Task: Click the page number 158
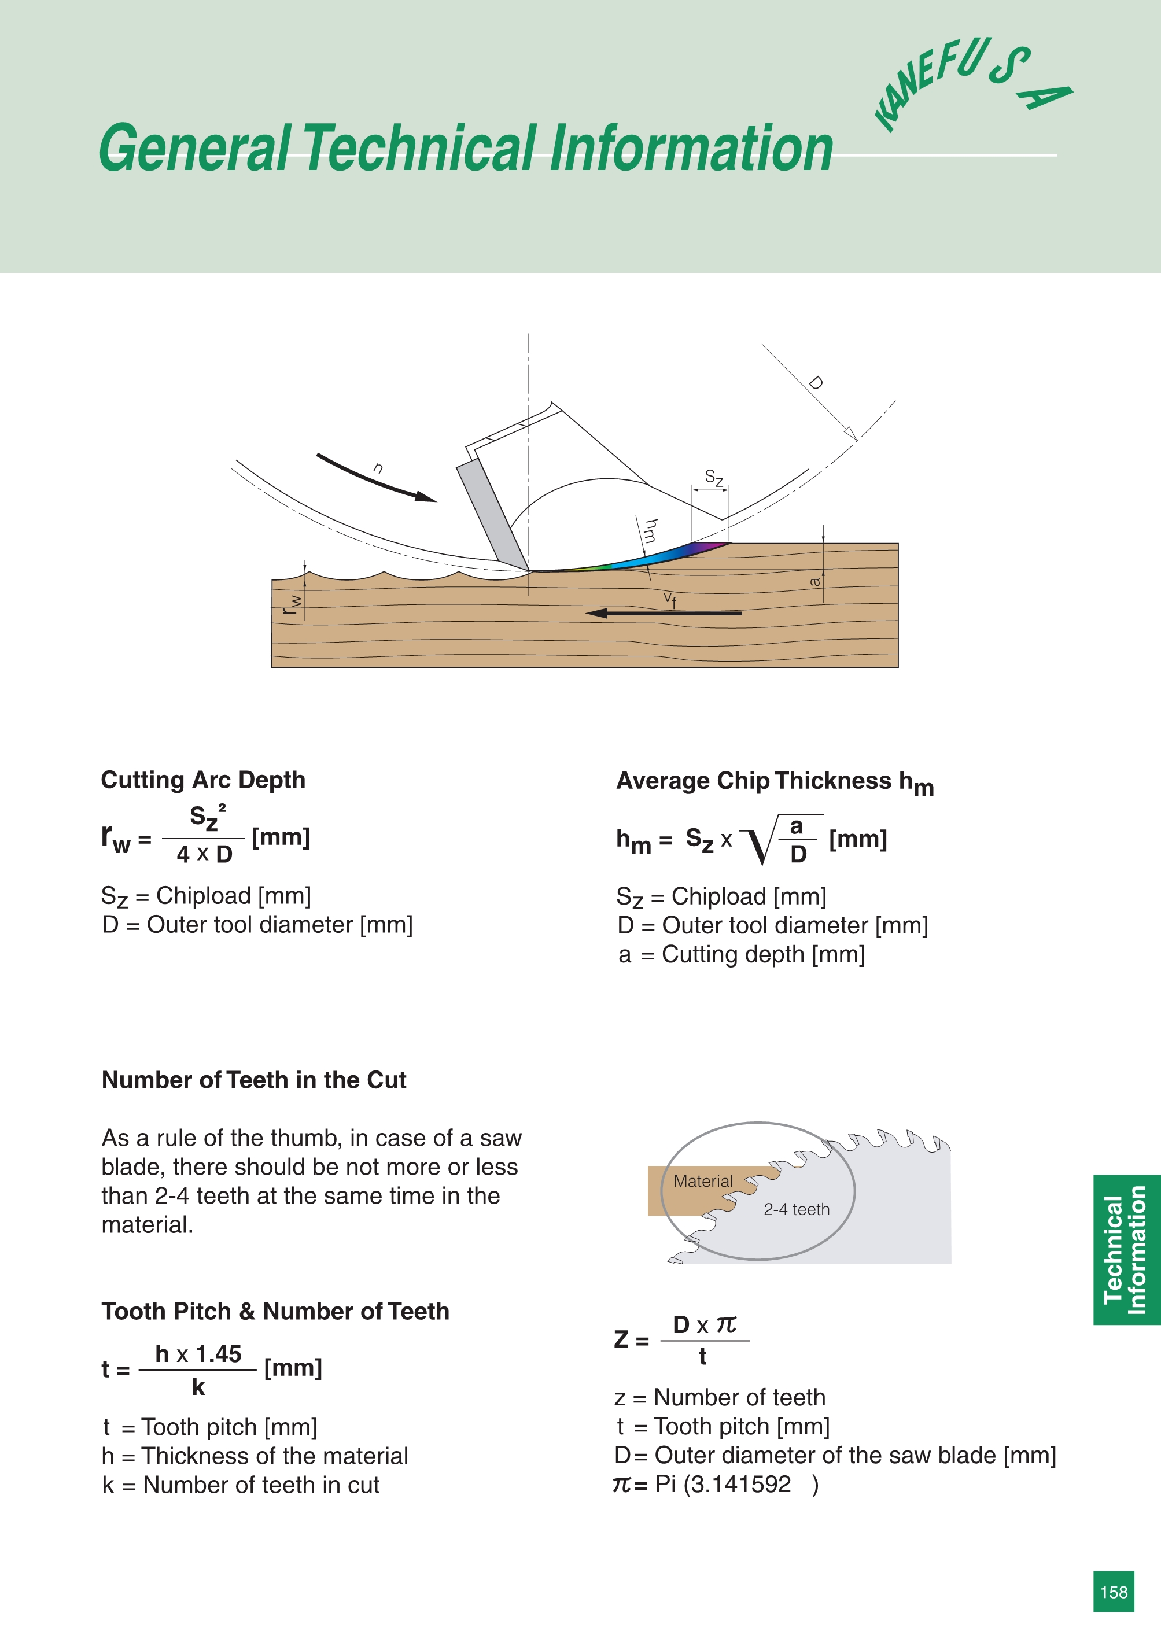tap(1113, 1592)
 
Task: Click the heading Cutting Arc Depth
tap(203, 780)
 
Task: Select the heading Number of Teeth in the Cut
tap(254, 1080)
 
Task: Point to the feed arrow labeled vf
tap(664, 612)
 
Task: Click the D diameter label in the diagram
tap(816, 383)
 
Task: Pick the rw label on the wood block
tap(292, 604)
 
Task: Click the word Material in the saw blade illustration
tap(703, 1182)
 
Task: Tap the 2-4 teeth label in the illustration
tap(797, 1209)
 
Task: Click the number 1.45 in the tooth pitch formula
tap(218, 1354)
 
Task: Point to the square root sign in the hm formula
tap(759, 841)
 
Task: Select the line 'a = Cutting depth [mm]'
tap(742, 954)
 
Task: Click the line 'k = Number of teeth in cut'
tap(240, 1485)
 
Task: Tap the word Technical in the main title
tap(421, 148)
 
